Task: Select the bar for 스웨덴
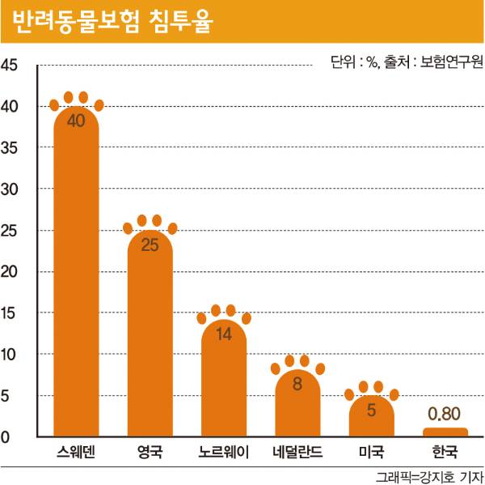tap(76, 275)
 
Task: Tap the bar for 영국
tap(150, 332)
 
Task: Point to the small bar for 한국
tap(445, 432)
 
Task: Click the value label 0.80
tap(445, 414)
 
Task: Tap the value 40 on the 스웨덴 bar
tap(76, 121)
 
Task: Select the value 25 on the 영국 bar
tap(150, 244)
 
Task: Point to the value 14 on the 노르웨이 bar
tap(223, 334)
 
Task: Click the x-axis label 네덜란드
tap(297, 452)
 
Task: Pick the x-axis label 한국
tap(445, 452)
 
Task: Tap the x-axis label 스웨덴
tap(76, 452)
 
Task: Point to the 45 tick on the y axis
tap(11, 65)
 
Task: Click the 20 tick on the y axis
tap(11, 271)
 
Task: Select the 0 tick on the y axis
tap(6, 437)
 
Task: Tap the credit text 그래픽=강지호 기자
tap(428, 475)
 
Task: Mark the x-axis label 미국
tap(371, 452)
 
